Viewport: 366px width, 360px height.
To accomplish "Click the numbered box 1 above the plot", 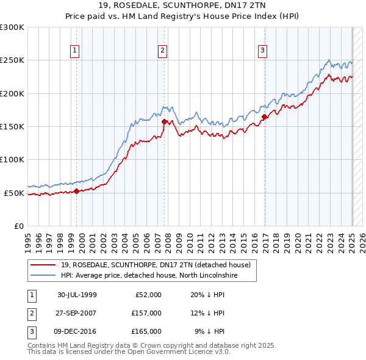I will tap(74, 51).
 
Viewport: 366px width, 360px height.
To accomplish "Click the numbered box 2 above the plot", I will tap(163, 51).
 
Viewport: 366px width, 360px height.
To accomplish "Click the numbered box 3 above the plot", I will tap(262, 51).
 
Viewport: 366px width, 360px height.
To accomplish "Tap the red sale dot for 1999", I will tap(77, 191).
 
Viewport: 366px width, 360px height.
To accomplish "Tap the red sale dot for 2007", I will tap(165, 121).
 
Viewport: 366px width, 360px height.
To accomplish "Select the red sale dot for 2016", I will tap(264, 117).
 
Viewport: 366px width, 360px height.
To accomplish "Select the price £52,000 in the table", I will tap(147, 294).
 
